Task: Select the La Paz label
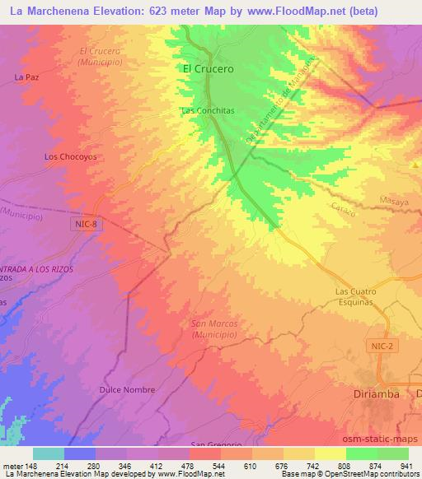click(27, 77)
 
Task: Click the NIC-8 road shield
click(86, 223)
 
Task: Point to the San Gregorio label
click(216, 444)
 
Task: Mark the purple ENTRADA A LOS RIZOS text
click(37, 269)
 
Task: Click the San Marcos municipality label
click(214, 329)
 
